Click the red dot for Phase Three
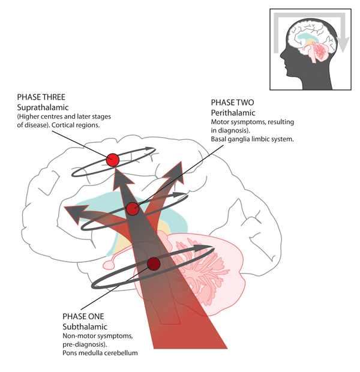(112, 160)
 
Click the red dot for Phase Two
(133, 209)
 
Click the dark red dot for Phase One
(154, 263)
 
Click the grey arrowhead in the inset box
(343, 43)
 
